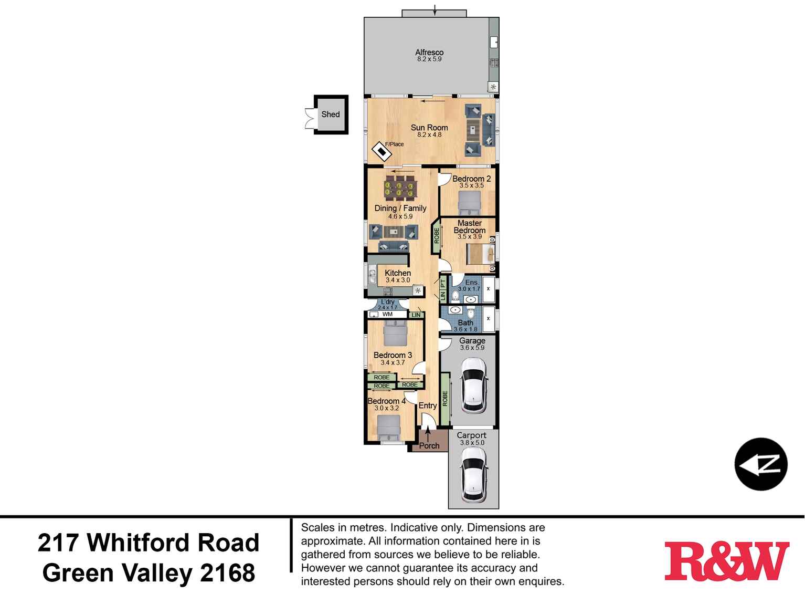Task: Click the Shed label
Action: coord(331,114)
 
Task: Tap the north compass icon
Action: coord(760,464)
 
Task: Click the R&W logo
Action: coord(726,561)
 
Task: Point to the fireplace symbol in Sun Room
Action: coord(382,152)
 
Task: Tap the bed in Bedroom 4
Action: coord(388,427)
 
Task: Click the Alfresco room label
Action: coord(429,53)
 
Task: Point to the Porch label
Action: coord(429,446)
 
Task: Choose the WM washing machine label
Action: coord(387,315)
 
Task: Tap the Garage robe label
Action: coord(445,399)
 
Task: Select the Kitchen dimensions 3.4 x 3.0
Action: coord(398,280)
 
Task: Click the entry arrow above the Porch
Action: coord(428,434)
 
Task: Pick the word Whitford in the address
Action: coord(173,543)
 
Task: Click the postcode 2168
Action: coord(228,573)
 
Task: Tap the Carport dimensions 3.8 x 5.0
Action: coord(472,443)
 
